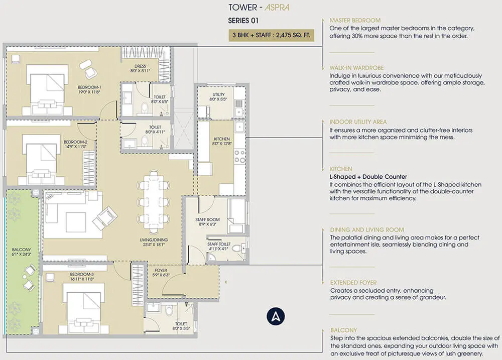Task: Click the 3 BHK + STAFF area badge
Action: (271, 35)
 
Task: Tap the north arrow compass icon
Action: (276, 316)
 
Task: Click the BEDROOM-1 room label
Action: (89, 89)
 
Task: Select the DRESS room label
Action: (140, 68)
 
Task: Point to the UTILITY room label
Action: (218, 97)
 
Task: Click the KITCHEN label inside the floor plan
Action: (221, 141)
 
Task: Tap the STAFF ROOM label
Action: (207, 221)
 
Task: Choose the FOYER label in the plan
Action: (161, 273)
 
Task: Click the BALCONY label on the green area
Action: (22, 252)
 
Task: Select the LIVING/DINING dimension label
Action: (154, 242)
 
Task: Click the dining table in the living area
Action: (153, 202)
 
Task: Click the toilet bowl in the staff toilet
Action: (237, 248)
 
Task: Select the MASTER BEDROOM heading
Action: (355, 20)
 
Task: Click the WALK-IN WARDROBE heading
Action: (356, 68)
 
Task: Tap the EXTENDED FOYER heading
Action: (353, 283)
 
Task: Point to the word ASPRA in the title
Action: (277, 8)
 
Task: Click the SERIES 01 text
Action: (243, 21)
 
